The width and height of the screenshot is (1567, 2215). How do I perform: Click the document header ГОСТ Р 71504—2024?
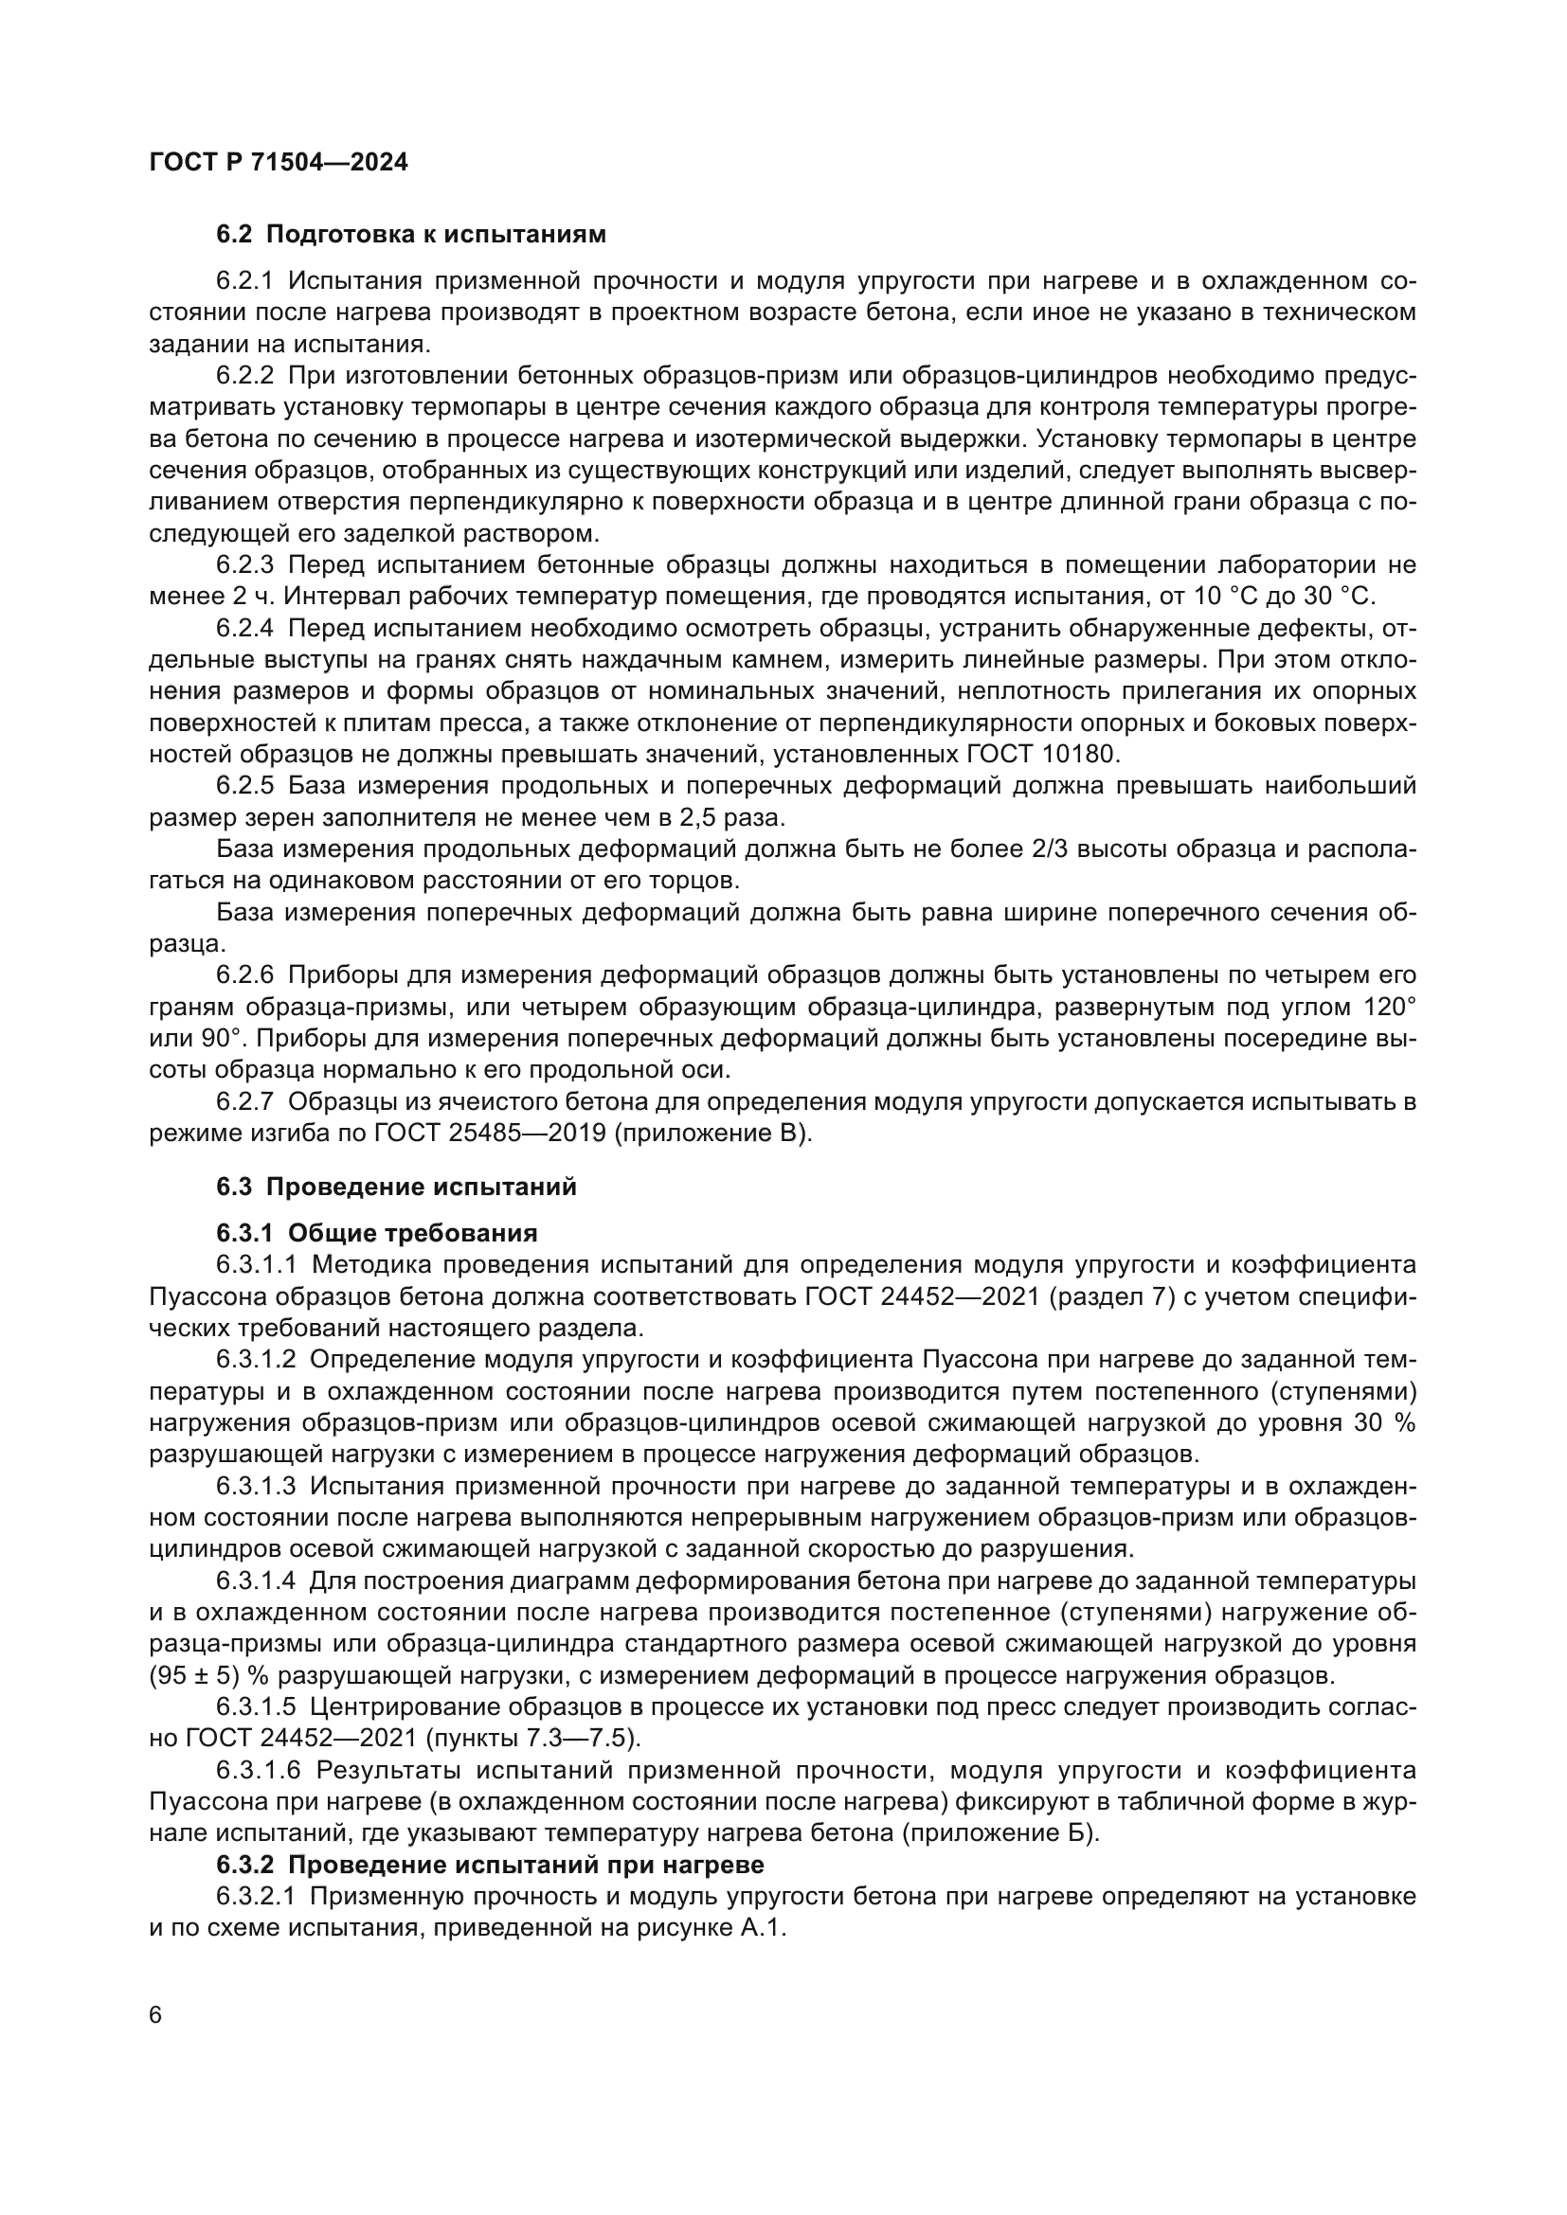pyautogui.click(x=279, y=163)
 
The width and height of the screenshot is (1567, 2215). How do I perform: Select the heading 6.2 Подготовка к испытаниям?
pyautogui.click(x=411, y=235)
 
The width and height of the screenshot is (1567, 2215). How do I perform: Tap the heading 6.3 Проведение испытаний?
pyautogui.click(x=397, y=1187)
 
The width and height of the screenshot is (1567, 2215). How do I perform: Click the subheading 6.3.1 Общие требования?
pyautogui.click(x=376, y=1233)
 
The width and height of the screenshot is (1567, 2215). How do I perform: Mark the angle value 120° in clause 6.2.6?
pyautogui.click(x=1390, y=1008)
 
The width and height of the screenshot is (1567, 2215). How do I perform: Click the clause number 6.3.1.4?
pyautogui.click(x=258, y=1581)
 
